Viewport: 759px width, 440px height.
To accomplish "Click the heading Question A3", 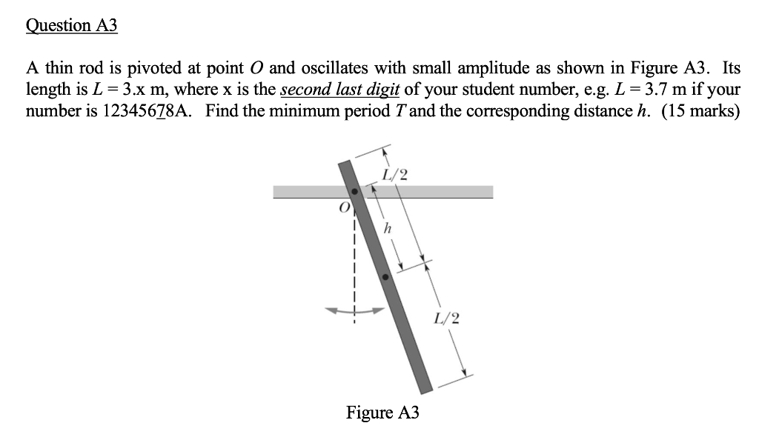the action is click(x=72, y=25).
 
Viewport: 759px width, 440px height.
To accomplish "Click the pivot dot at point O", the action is click(x=354, y=192).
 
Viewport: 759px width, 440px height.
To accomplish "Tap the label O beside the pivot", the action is click(x=342, y=208).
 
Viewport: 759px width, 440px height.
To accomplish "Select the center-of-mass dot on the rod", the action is click(x=385, y=277).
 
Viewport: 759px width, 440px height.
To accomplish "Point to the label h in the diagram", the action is click(x=385, y=229).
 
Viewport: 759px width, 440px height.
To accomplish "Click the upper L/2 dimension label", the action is click(x=394, y=175).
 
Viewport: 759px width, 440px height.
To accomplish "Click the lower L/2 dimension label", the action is click(x=448, y=319).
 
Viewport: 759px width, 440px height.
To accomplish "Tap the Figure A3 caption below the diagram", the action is click(x=382, y=413).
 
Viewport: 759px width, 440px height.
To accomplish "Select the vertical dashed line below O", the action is click(x=354, y=267).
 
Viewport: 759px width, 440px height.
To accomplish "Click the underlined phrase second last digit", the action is click(x=340, y=90).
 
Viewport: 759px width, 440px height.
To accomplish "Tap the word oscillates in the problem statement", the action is click(x=337, y=69).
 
